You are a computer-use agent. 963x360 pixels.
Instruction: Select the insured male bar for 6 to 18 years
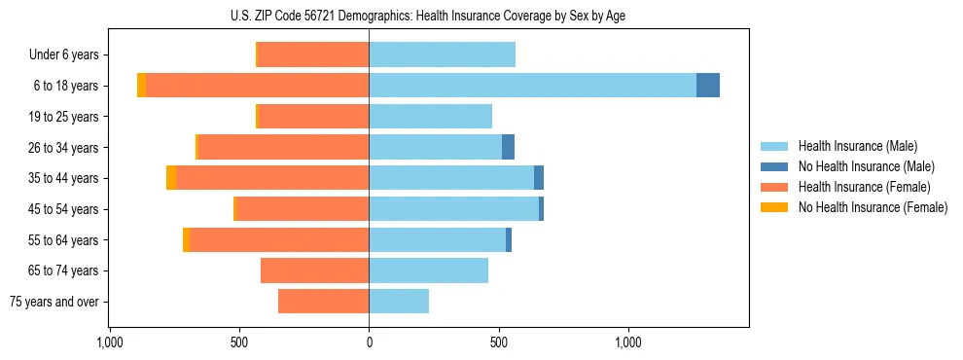[532, 86]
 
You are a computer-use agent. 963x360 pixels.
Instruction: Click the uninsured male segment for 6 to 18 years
[708, 86]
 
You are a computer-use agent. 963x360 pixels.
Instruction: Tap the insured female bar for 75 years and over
[323, 302]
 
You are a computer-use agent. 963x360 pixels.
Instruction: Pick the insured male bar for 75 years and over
[399, 302]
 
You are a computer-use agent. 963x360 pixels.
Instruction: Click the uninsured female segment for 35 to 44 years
[171, 178]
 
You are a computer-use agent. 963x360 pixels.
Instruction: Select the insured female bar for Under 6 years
[313, 54]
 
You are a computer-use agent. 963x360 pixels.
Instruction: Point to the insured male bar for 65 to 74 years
[428, 270]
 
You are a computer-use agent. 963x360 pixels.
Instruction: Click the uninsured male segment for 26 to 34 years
[508, 147]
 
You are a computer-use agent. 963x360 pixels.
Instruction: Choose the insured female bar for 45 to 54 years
[303, 209]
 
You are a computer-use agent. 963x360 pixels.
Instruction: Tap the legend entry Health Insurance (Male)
[857, 146]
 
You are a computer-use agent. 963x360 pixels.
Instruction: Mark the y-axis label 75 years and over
[54, 302]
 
